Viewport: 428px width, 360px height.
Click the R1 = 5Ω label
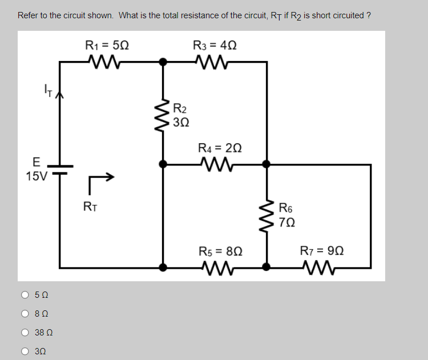107,45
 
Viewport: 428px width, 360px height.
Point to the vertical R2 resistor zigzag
163,114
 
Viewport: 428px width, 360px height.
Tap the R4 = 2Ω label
220,148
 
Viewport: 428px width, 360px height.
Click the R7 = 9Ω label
323,251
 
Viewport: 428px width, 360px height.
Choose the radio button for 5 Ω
25,295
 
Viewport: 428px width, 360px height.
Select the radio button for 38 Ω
25,333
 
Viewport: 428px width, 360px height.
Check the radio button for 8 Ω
25,314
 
